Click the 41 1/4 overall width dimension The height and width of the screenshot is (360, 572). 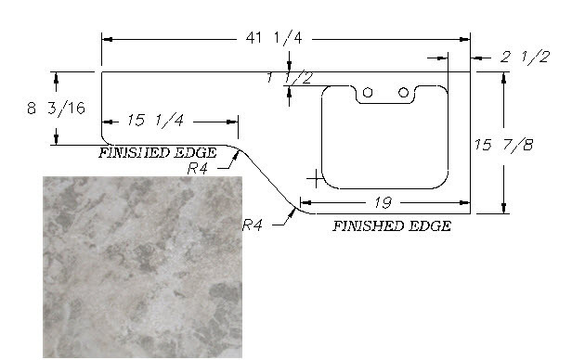274,38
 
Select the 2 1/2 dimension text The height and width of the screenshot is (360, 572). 525,58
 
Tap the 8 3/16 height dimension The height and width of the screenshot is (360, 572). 56,109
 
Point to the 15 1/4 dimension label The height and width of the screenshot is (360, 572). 155,121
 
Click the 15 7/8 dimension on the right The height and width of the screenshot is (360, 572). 504,145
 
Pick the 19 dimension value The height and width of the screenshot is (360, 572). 383,202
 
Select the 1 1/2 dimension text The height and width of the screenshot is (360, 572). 290,78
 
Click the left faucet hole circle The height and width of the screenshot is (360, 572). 368,93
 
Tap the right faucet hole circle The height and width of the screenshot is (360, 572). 403,93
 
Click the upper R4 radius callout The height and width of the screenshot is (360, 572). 198,169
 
